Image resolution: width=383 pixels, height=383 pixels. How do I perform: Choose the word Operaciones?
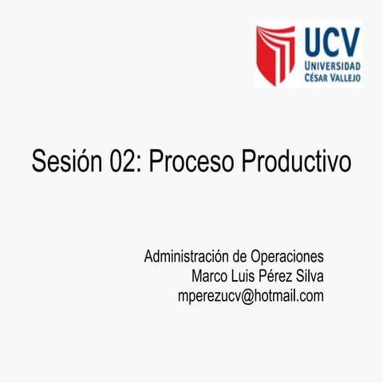point(287,258)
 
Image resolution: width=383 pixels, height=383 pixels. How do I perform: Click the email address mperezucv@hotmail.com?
point(251,296)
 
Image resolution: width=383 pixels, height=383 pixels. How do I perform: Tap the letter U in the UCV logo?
point(310,40)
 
